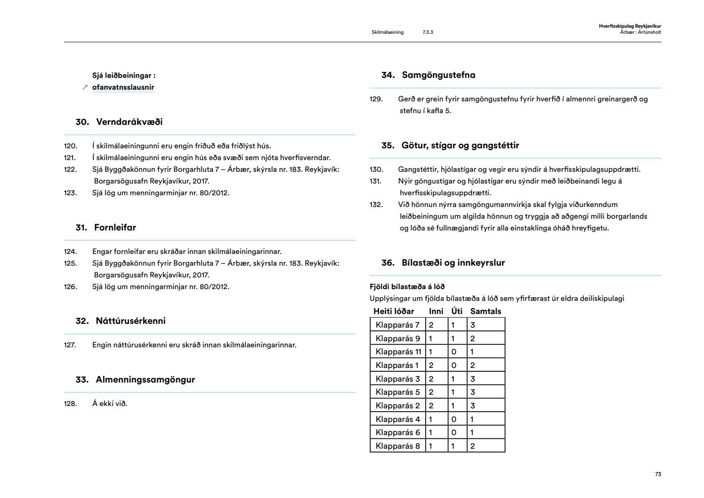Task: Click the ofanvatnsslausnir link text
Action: click(123, 87)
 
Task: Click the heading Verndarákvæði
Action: click(129, 122)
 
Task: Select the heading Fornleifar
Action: click(115, 228)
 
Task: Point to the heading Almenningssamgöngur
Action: click(145, 380)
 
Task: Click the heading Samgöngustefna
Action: click(438, 75)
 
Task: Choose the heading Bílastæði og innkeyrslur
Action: click(453, 263)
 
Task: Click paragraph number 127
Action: click(70, 345)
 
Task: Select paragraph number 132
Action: click(376, 205)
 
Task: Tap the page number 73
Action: click(658, 474)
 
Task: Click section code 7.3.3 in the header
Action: click(428, 32)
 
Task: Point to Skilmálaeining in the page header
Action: click(387, 32)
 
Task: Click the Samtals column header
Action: click(486, 311)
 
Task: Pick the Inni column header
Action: click(436, 311)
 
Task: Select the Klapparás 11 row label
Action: click(398, 352)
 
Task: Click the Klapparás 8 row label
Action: click(398, 446)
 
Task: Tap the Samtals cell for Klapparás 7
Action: click(486, 325)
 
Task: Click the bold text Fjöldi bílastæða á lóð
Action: click(407, 287)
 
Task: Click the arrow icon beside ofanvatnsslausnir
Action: click(85, 87)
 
